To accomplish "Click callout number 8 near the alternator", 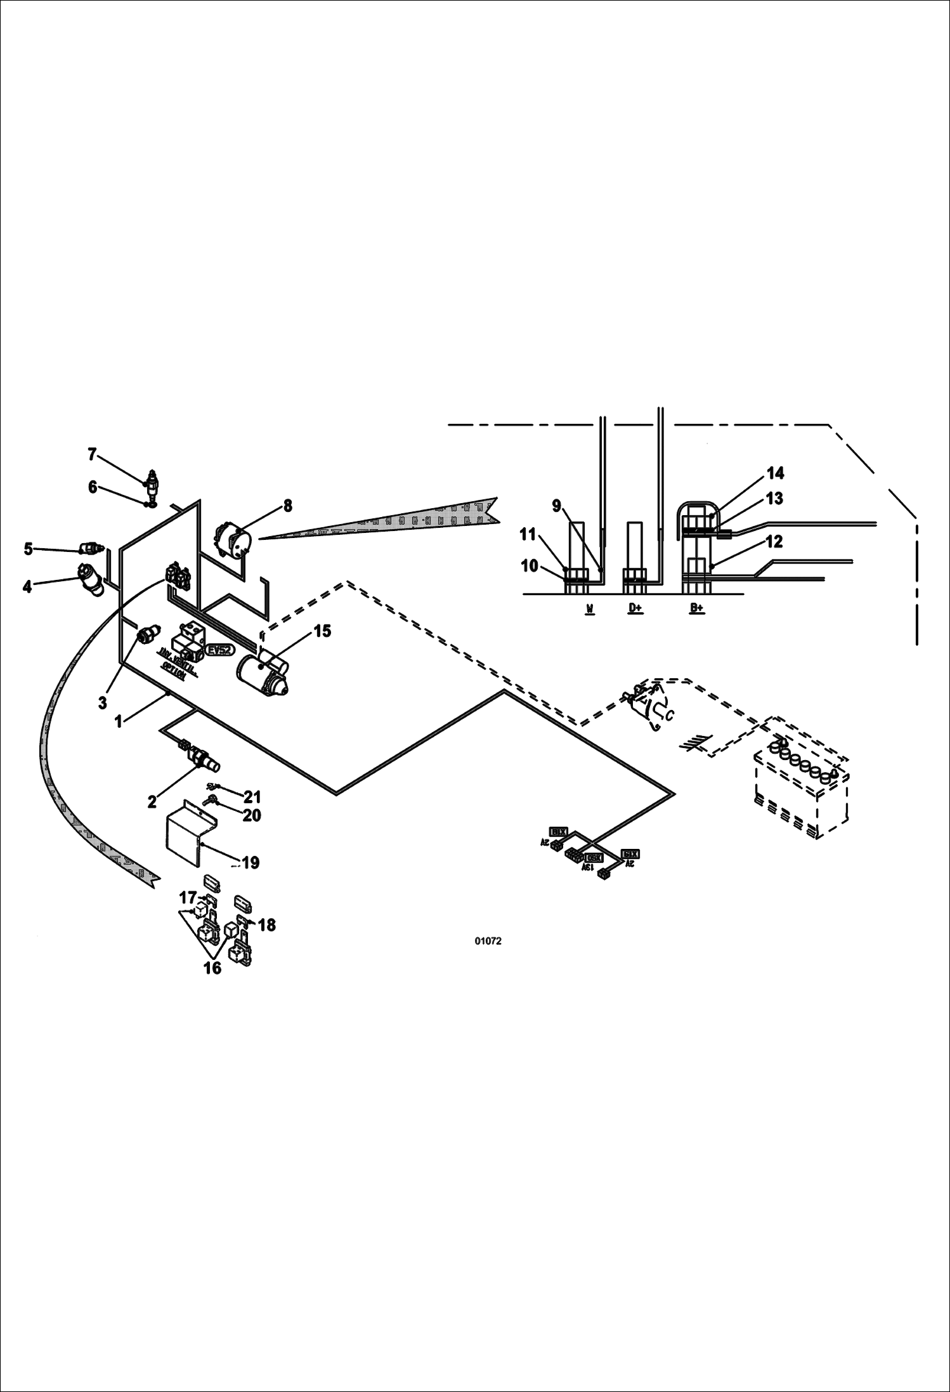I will [x=287, y=506].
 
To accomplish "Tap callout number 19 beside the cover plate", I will [x=251, y=862].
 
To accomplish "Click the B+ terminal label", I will [x=696, y=608].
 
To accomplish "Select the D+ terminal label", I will [x=635, y=608].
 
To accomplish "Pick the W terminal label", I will [x=590, y=608].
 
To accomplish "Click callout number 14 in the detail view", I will [x=775, y=473].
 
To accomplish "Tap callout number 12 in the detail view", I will [x=774, y=541].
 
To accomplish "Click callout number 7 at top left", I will [x=92, y=454].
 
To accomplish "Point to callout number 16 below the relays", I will [x=212, y=968].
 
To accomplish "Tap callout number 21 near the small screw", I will [x=252, y=797].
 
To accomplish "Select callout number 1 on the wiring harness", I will [x=118, y=721].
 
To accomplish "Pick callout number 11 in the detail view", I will [x=528, y=535].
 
